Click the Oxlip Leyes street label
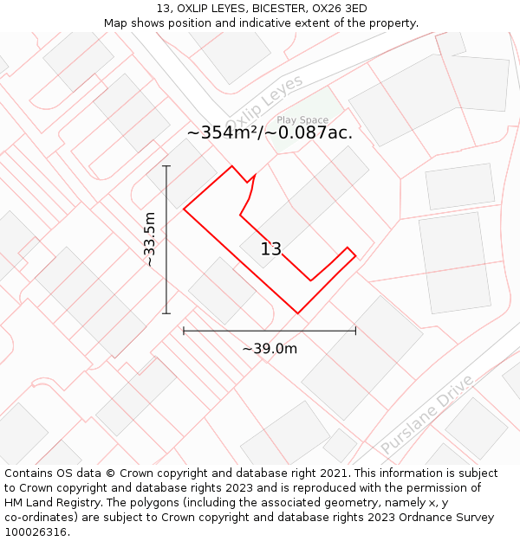pos(264,101)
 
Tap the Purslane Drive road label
pos(427,415)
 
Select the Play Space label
pos(302,120)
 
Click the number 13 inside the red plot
pos(271,249)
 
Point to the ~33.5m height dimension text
pos(150,240)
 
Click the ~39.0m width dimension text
pos(270,349)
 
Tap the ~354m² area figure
pos(222,132)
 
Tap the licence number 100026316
pos(36,531)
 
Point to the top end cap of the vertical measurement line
pos(166,166)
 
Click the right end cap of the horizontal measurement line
pos(355,330)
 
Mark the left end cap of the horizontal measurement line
pos(184,330)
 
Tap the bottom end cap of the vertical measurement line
pos(166,313)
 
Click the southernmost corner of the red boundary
pos(297,313)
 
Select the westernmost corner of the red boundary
pos(184,209)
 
